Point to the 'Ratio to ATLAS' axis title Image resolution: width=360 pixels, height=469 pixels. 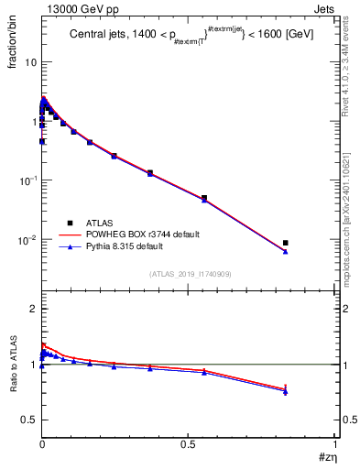tap(13, 365)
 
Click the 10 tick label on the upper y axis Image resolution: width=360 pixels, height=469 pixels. tap(29, 62)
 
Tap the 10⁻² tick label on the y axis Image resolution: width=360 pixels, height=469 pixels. tap(27, 240)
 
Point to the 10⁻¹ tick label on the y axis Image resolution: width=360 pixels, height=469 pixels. tap(27, 180)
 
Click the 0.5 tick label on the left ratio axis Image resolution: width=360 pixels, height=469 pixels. tap(28, 420)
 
